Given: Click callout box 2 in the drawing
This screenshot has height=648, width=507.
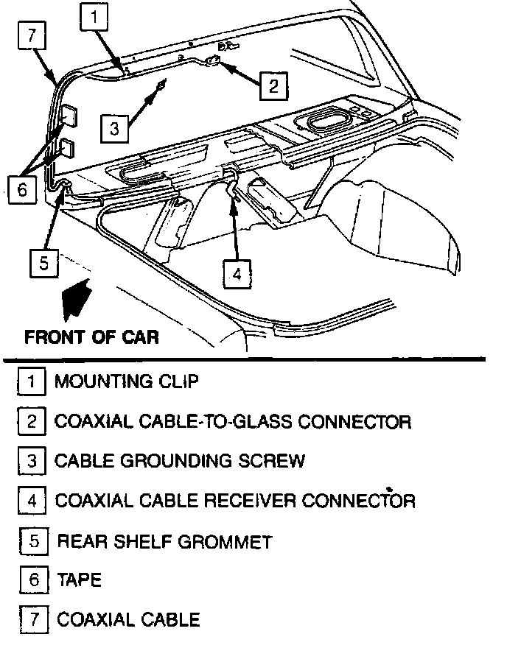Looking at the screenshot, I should (x=272, y=86).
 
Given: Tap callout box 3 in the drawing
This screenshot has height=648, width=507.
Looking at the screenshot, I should (x=113, y=129).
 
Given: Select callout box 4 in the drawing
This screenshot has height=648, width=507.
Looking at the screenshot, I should (x=236, y=274).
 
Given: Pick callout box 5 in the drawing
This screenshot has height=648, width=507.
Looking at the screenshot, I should (x=43, y=261).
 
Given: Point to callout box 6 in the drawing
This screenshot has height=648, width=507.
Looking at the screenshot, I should (x=21, y=189).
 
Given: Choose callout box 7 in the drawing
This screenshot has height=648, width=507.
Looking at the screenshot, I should (x=32, y=36).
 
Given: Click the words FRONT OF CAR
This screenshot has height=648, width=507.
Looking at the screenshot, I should (x=91, y=337).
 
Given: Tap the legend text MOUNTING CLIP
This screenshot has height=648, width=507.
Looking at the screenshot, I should (x=126, y=382).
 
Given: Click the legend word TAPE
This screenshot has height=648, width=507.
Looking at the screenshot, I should (x=79, y=580).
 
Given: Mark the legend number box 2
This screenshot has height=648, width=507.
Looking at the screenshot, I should (x=31, y=422).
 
